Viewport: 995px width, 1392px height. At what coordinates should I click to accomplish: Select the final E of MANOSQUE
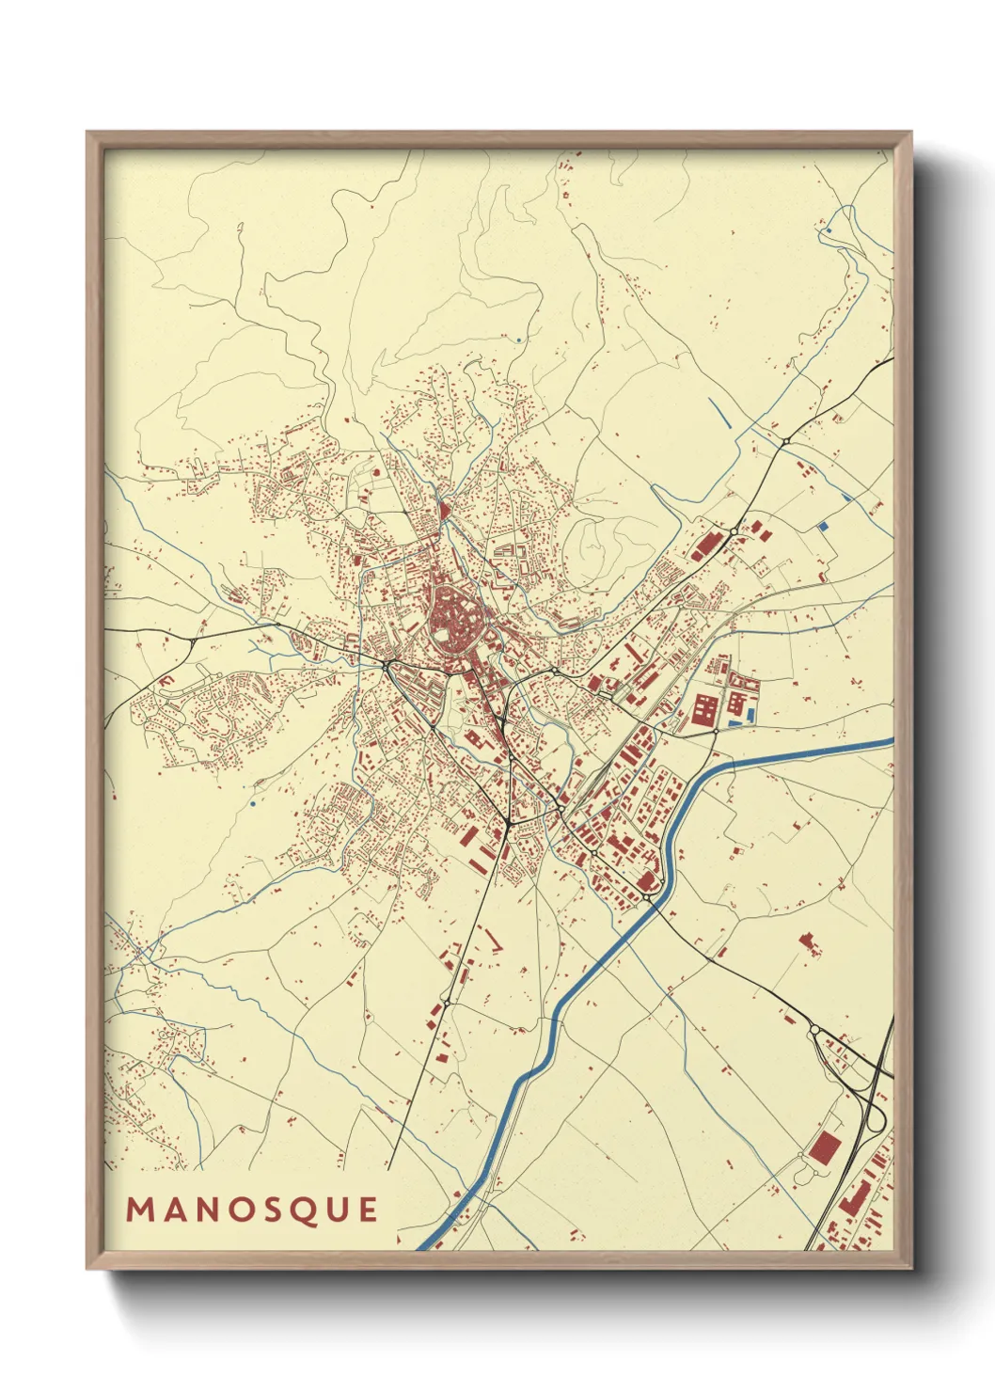click(x=368, y=1210)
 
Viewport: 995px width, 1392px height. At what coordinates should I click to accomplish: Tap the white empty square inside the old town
click(x=443, y=635)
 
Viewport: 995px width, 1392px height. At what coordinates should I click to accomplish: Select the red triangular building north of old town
click(x=443, y=511)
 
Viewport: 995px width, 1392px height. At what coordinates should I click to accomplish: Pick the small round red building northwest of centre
click(x=377, y=471)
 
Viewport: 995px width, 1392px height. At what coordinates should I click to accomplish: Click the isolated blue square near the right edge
click(x=825, y=527)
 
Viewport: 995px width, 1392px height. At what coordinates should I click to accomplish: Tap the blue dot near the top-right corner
click(x=829, y=229)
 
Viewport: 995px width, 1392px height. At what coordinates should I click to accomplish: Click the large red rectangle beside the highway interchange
click(x=825, y=1147)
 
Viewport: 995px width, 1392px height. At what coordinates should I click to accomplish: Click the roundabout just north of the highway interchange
click(x=814, y=1032)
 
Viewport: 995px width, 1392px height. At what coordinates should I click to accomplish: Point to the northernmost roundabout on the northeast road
click(x=785, y=441)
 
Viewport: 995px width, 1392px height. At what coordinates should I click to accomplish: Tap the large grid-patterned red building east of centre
click(x=704, y=709)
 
